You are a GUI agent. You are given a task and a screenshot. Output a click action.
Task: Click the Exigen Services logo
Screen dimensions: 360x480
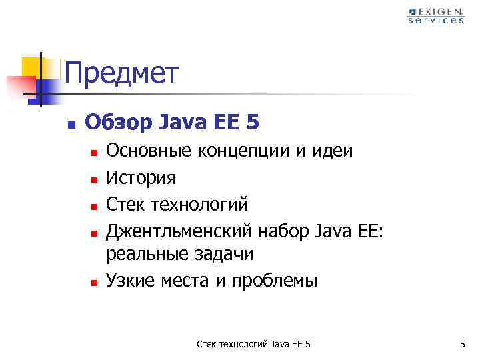[436, 15]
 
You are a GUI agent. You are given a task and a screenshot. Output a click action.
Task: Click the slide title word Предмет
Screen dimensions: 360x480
[122, 73]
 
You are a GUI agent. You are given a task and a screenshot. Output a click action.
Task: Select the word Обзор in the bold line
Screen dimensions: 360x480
[119, 123]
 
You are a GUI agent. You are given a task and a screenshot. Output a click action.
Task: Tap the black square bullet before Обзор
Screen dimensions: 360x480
[72, 124]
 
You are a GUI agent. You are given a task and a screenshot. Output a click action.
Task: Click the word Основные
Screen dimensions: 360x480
[149, 151]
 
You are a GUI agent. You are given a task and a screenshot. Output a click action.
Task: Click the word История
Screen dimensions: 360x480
[141, 177]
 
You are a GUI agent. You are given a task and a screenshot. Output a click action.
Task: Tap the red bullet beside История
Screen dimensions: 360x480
[95, 179]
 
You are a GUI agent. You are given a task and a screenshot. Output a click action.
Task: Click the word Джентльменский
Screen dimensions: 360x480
[179, 230]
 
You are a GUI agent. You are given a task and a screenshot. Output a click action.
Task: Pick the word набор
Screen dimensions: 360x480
[282, 230]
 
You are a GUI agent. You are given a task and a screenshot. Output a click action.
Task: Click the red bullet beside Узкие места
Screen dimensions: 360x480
[95, 282]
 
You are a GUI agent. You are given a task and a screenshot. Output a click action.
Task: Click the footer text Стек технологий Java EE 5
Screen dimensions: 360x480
[254, 344]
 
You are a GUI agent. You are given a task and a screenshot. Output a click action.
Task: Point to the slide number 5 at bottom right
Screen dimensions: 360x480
[461, 344]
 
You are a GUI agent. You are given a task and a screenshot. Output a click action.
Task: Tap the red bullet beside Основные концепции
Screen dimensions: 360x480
[95, 153]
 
